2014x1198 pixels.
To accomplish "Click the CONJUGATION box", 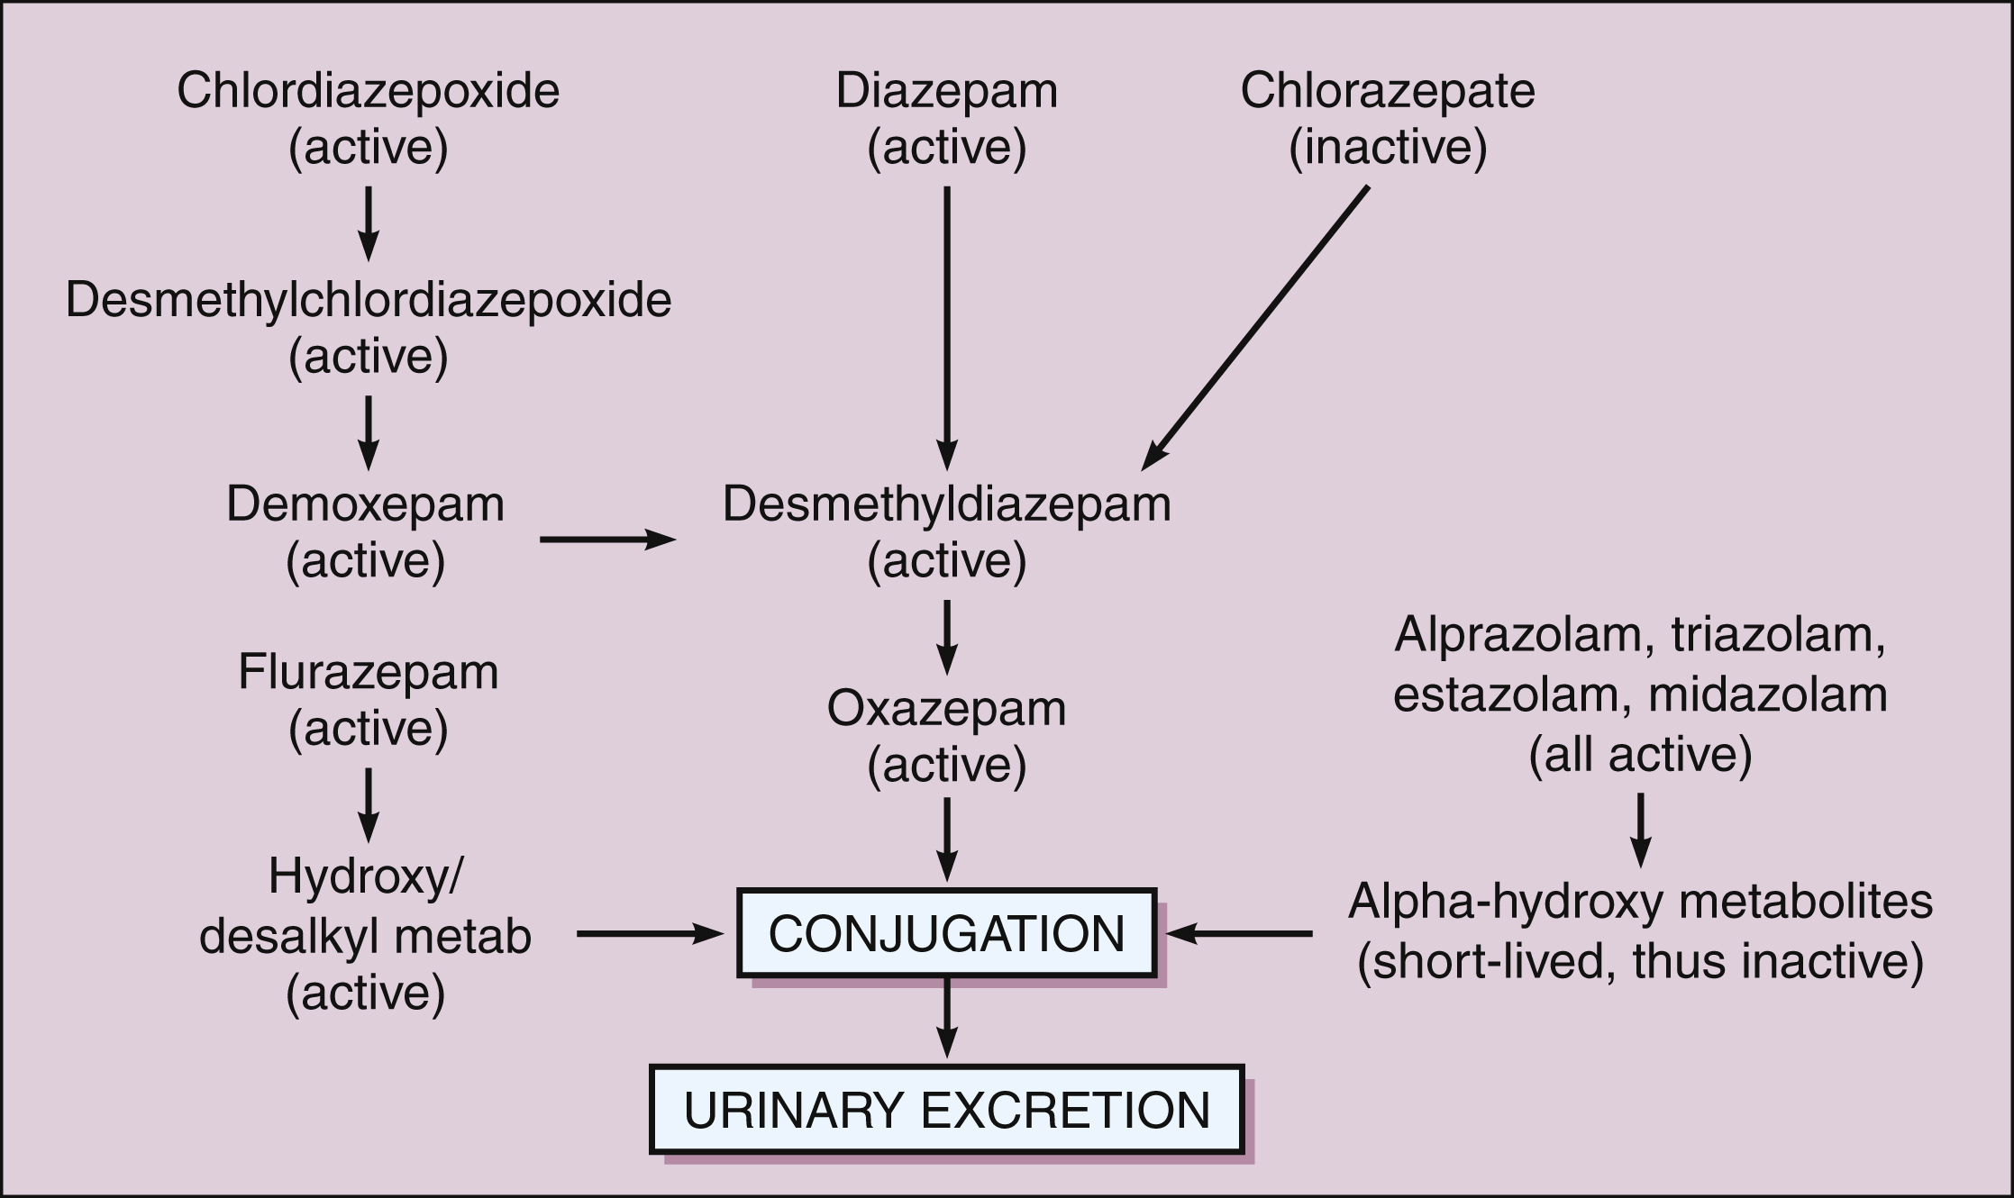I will tap(946, 933).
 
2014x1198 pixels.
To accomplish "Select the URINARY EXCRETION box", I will tap(946, 1110).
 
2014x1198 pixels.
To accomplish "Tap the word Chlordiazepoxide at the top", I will tap(368, 91).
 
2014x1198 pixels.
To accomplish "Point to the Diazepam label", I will tap(946, 91).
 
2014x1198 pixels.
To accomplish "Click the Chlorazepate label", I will tap(1387, 91).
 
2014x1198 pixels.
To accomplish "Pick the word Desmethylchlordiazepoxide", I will tap(368, 300).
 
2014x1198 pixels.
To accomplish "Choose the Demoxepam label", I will tap(365, 504).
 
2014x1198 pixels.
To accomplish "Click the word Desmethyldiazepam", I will tap(946, 504).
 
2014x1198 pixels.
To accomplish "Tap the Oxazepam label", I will tap(946, 709).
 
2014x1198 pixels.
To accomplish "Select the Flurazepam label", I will tap(368, 672).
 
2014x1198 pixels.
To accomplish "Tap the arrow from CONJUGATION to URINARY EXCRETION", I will tap(946, 1018).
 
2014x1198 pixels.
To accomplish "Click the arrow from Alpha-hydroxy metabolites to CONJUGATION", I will tap(1239, 934).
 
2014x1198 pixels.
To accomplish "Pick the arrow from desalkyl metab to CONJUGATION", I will tap(650, 934).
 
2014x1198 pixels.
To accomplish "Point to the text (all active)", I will tap(1640, 755).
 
